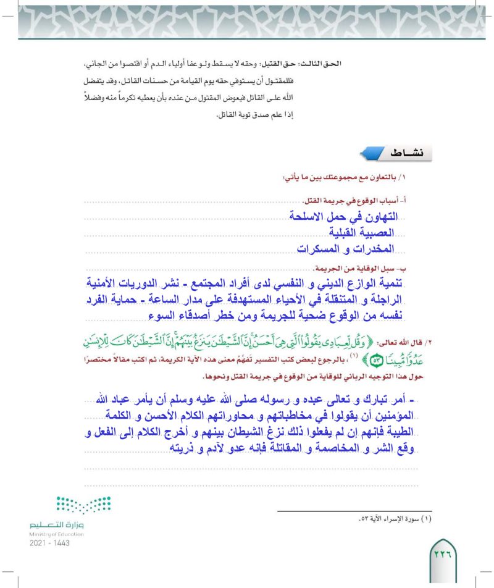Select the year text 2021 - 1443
pos(49,543)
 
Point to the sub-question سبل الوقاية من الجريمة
pos(371,269)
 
